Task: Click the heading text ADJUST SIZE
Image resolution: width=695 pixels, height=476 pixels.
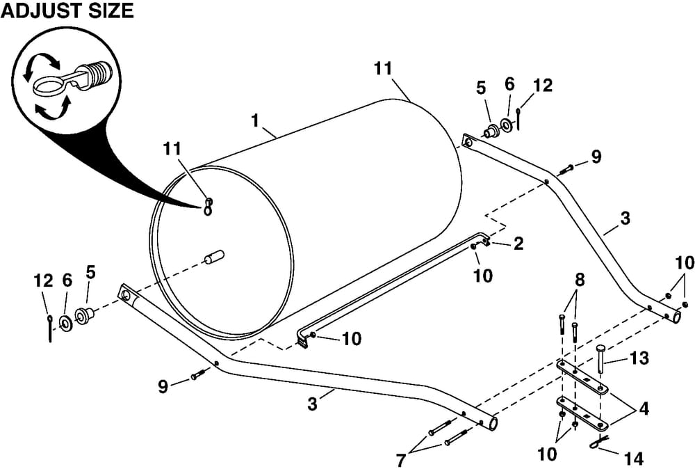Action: click(67, 12)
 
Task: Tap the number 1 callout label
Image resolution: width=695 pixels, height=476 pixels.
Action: click(256, 120)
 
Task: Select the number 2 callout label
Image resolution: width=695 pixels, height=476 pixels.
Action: click(518, 243)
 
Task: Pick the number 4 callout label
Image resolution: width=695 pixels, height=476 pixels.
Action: click(644, 409)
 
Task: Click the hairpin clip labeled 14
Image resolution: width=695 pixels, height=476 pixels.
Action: click(597, 442)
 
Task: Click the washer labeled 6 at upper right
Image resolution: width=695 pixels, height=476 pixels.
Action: click(507, 126)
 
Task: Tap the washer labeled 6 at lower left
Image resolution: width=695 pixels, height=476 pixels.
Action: click(67, 322)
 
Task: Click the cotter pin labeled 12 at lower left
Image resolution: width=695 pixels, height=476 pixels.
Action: click(50, 328)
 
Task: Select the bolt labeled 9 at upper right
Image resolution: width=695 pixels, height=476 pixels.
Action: click(566, 167)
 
